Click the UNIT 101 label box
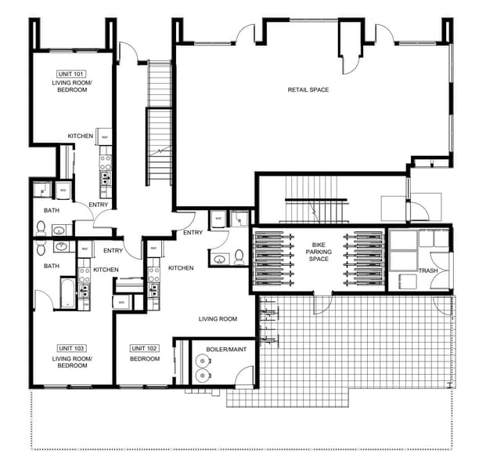(x=70, y=73)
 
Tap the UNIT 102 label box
(x=145, y=347)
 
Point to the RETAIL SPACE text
(x=308, y=89)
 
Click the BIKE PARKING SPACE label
(x=318, y=252)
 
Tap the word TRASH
(x=428, y=271)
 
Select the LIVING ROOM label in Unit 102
(x=218, y=318)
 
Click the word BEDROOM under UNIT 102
(x=145, y=359)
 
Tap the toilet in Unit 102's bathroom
(x=218, y=257)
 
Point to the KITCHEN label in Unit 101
(x=81, y=136)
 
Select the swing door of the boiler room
(x=245, y=376)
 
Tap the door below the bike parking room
(x=322, y=303)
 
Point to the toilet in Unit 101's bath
(x=40, y=227)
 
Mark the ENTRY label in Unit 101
(x=99, y=205)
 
